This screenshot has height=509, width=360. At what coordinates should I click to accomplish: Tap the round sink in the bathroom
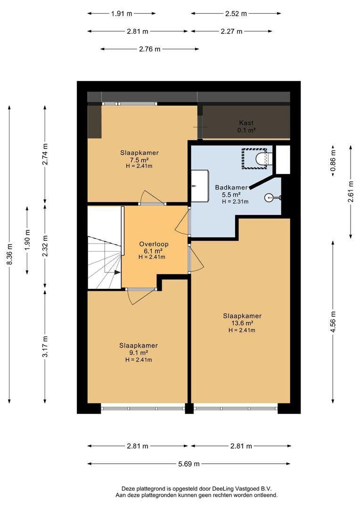(270, 197)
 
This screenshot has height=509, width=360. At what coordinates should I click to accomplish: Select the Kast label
(246, 123)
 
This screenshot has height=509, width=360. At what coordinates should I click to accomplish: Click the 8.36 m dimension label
(10, 254)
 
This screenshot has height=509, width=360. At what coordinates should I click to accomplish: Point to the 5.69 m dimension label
(189, 464)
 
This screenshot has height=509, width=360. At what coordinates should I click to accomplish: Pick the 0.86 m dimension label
(333, 161)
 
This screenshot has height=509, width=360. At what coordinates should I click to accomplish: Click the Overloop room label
(154, 244)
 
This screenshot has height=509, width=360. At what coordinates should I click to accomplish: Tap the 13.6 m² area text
(242, 323)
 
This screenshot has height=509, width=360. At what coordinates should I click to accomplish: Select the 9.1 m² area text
(139, 353)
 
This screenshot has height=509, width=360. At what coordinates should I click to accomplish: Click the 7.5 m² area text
(139, 160)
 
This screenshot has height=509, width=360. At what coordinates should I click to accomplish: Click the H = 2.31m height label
(235, 202)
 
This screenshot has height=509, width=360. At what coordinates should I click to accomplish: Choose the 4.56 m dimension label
(333, 322)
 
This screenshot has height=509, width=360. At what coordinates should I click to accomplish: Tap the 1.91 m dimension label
(122, 14)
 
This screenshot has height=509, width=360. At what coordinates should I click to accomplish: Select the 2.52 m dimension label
(236, 14)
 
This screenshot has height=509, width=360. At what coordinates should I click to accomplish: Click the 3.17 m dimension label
(45, 346)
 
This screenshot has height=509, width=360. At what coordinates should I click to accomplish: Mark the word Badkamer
(231, 187)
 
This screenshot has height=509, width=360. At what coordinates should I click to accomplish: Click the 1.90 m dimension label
(27, 240)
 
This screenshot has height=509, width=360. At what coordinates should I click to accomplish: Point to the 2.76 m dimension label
(150, 49)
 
